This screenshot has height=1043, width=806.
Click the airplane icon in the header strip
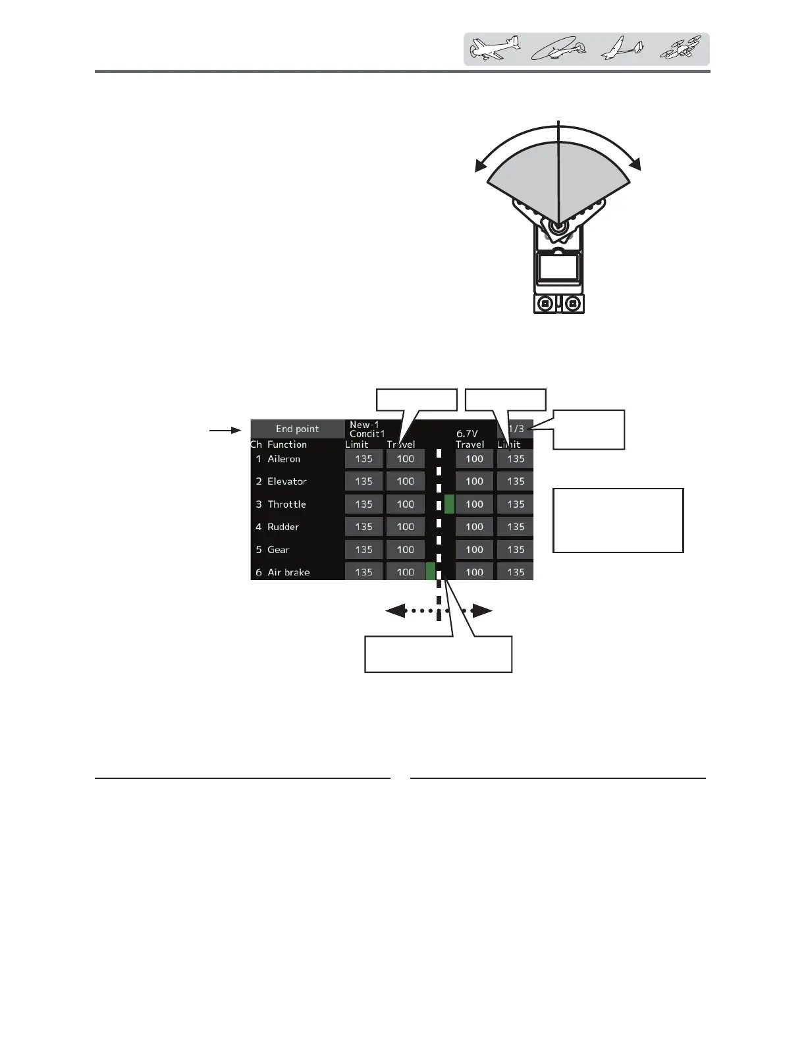coord(495,49)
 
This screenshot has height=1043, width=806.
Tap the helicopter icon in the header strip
coord(558,49)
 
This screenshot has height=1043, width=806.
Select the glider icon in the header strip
coord(621,49)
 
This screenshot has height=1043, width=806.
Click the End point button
coord(298,429)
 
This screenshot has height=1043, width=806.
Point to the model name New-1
coord(364,425)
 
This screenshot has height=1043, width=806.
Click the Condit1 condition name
coord(367,434)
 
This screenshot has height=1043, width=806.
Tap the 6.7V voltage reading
coord(467,434)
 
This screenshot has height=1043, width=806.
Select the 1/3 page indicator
coord(516,429)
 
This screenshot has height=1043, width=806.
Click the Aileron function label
coord(284,459)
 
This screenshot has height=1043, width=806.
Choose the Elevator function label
coord(287,481)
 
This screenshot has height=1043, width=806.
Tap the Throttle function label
coord(286,504)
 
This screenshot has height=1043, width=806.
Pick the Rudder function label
coord(283,527)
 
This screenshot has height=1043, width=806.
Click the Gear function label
coord(279,550)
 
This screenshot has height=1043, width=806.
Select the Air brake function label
coord(288,572)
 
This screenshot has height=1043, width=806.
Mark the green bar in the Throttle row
coord(449,504)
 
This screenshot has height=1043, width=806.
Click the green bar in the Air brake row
coord(431,572)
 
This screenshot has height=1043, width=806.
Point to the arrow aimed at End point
coord(225,431)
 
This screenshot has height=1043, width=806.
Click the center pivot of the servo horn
coord(558,226)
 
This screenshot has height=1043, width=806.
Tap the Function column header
coord(287,444)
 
